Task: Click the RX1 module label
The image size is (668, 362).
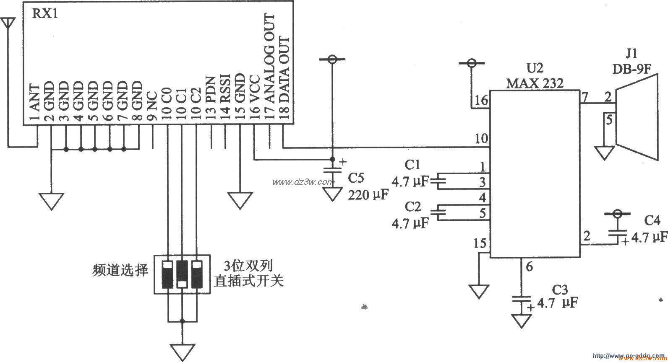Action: tap(45, 15)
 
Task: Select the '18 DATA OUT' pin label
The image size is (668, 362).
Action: tap(284, 80)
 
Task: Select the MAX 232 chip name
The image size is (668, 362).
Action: tap(535, 83)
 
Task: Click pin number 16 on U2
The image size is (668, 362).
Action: tap(481, 101)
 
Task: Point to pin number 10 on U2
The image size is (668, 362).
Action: tap(481, 139)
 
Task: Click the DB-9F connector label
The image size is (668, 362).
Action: tap(631, 69)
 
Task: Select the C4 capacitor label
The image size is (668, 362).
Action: tap(652, 221)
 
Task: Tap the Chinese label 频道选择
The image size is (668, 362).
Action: tap(120, 270)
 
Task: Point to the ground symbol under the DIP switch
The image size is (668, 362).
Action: tap(182, 351)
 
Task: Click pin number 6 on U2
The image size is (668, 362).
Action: tap(529, 266)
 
